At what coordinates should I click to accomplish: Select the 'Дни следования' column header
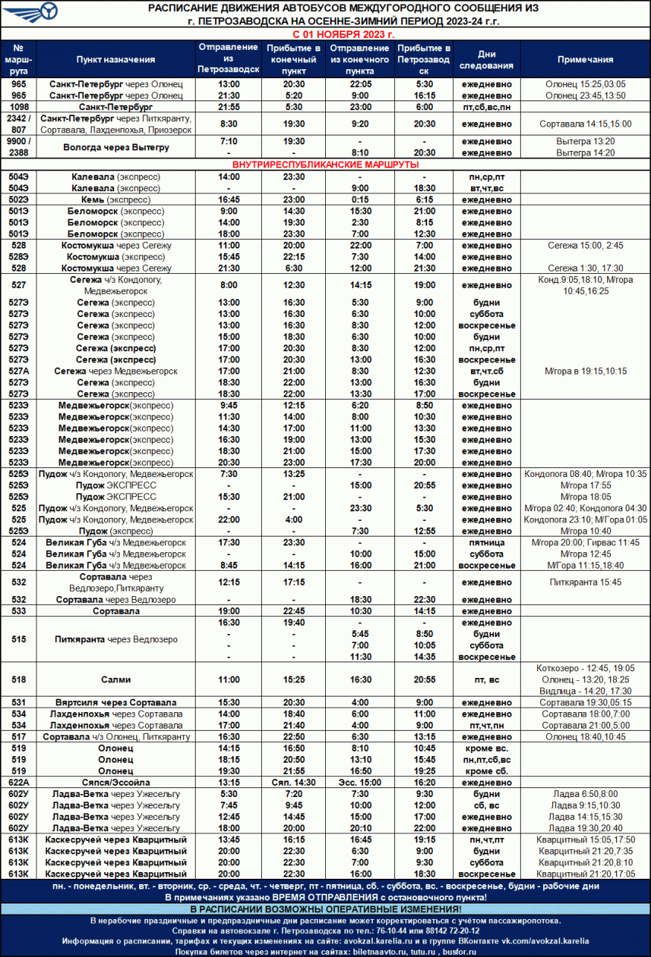(x=487, y=60)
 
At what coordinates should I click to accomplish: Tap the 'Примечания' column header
(x=585, y=60)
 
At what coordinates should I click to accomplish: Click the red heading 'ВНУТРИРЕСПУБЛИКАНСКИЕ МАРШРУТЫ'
(x=326, y=164)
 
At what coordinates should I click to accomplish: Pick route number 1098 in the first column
(x=19, y=107)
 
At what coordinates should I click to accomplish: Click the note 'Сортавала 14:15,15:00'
(x=585, y=124)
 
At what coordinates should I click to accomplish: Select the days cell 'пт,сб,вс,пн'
(x=487, y=107)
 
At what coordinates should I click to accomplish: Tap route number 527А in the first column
(x=19, y=371)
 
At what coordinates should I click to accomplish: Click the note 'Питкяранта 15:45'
(x=585, y=582)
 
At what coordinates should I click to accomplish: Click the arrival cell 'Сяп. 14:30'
(x=293, y=783)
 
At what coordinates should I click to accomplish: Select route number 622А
(x=19, y=783)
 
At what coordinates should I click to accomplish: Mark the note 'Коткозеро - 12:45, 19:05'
(x=585, y=668)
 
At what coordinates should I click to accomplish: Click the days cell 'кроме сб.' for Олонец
(x=487, y=771)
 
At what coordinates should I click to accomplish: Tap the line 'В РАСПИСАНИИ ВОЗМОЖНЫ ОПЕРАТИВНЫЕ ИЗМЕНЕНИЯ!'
(x=326, y=909)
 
